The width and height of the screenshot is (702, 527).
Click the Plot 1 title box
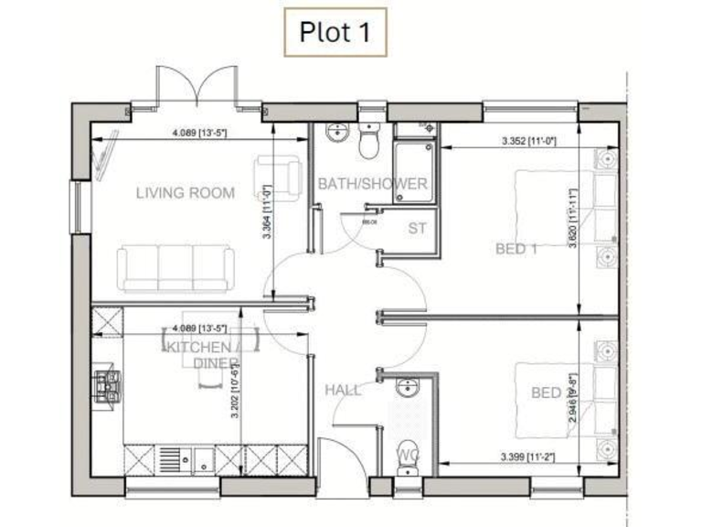tap(334, 32)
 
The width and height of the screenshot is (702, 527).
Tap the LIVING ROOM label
tap(185, 193)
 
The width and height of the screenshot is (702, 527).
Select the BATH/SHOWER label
tap(372, 184)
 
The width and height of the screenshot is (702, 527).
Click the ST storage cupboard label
tap(418, 227)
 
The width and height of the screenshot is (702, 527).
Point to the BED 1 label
tap(516, 248)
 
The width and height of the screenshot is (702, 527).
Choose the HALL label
tap(343, 390)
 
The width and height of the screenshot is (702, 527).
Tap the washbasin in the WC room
tap(406, 390)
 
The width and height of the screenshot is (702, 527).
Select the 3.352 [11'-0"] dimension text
tap(529, 142)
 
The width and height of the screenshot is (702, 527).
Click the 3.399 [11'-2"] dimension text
tap(529, 455)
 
